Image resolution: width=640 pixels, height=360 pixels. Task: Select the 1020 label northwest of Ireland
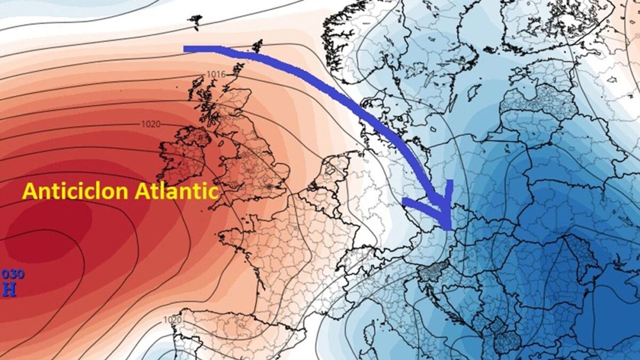(x=151, y=124)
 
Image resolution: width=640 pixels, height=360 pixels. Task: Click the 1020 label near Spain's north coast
(x=172, y=320)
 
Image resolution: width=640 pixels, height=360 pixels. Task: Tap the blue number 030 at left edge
(x=13, y=274)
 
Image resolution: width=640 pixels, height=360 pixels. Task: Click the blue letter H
(x=9, y=289)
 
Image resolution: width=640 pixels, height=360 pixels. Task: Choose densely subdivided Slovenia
(x=429, y=273)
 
